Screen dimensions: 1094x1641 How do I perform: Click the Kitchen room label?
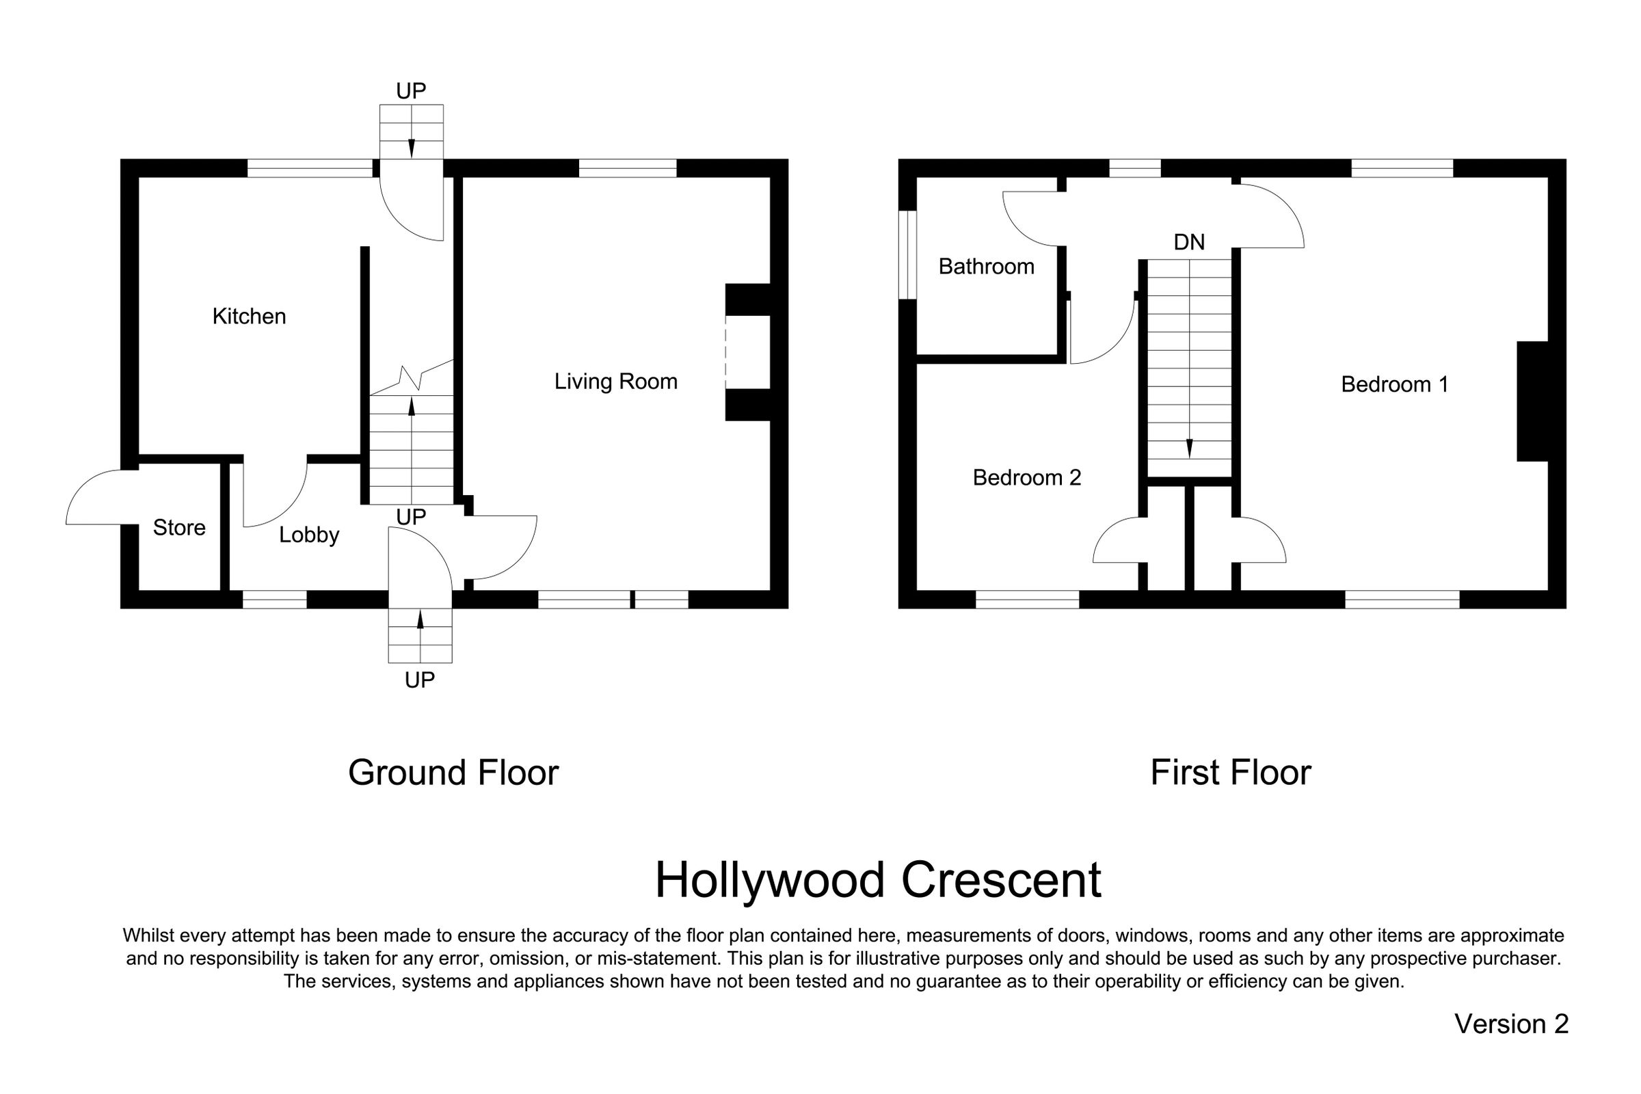249,317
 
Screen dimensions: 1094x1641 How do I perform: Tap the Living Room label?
615,382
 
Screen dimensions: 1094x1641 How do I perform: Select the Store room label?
179,527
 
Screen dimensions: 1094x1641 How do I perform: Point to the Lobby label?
309,535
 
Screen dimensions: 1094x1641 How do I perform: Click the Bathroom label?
986,267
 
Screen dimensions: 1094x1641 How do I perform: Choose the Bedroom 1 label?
1394,384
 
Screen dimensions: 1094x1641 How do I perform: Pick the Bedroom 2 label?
1026,478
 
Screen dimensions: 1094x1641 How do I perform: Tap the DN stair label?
1189,242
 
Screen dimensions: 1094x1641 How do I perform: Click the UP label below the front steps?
419,680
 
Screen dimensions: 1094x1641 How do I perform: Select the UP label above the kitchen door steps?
411,91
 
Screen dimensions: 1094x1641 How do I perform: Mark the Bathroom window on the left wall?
907,254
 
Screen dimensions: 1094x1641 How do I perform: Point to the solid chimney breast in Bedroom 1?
1532,401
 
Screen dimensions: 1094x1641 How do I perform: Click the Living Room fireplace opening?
747,351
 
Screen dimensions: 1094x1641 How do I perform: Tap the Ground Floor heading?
453,773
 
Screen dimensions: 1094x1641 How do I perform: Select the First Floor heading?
1230,773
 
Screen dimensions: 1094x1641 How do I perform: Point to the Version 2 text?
1511,1024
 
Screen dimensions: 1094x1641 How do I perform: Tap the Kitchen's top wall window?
310,168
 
